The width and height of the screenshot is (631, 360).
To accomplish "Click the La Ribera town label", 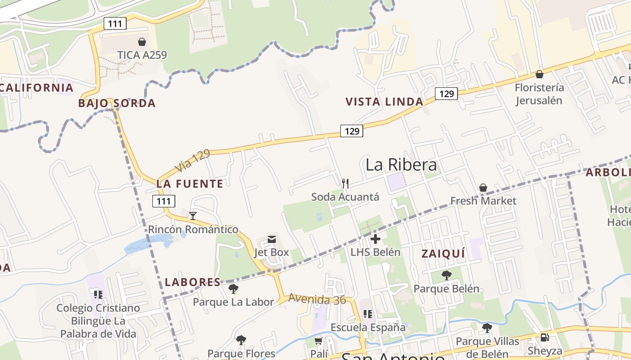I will pos(401,165).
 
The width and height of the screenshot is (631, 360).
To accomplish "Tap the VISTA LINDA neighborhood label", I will pos(384,102).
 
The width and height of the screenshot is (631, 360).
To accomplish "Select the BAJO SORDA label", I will pos(117,103).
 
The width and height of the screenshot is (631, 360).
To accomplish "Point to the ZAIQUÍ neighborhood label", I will pos(443,254).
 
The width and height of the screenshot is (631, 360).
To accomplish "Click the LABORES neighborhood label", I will pos(192,282).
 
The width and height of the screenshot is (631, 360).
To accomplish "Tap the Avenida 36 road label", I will pos(317,298).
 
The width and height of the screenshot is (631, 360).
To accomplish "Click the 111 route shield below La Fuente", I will pos(164,201).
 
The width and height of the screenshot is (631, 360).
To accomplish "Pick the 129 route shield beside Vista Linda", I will pos(446,94).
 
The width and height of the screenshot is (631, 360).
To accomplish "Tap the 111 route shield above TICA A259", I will pos(115,23).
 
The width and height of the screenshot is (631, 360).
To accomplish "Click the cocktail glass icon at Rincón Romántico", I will pos(193,216).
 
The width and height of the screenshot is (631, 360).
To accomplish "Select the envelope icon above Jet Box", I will pos(272,239).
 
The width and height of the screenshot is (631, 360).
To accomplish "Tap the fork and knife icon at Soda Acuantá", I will pos(345,183).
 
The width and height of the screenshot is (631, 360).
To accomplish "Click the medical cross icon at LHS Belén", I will pos(375,238).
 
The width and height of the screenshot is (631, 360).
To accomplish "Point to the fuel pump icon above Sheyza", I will pos(544,337).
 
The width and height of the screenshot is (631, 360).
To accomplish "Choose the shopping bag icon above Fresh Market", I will pos(483,187).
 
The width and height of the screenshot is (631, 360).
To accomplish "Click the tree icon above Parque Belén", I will pos(446,275).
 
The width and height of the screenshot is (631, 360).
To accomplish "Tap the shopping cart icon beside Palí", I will pos(319,341).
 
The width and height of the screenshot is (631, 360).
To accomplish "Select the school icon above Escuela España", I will pos(368,314).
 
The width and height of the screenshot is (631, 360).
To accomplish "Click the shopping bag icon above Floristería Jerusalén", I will pos(539,74).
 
